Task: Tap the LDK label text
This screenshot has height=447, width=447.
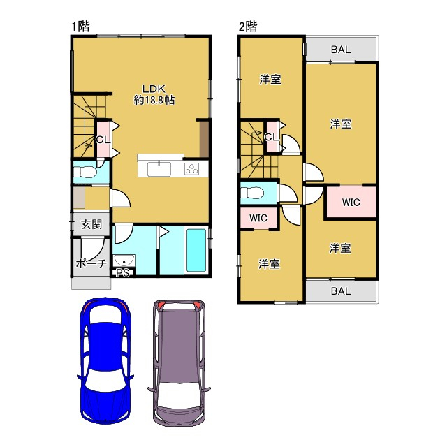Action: tap(154, 89)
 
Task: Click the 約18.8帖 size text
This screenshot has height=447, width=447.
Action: tap(154, 100)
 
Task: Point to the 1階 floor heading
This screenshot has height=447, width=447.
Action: tap(81, 27)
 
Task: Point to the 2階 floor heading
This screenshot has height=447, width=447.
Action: tap(248, 27)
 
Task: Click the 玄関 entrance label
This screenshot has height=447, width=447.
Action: tap(91, 225)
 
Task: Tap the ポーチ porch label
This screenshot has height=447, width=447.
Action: tap(91, 264)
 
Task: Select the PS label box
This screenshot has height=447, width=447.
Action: tap(123, 273)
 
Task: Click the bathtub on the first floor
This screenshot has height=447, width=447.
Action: tap(196, 250)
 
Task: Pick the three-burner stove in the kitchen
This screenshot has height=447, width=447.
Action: tap(192, 169)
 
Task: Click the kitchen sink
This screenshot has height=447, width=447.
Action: tap(159, 169)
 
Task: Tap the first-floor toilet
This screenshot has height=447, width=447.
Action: tap(85, 173)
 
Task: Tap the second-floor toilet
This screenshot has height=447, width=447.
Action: tap(252, 193)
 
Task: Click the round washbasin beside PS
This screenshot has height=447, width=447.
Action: tap(124, 261)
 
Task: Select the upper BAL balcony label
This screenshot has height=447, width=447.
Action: tap(341, 50)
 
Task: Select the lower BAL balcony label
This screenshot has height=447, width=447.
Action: tap(341, 291)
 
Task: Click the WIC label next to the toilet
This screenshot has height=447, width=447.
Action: tap(258, 219)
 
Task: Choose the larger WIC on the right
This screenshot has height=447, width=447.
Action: tap(351, 203)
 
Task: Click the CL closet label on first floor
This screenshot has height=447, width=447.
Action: tap(103, 140)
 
